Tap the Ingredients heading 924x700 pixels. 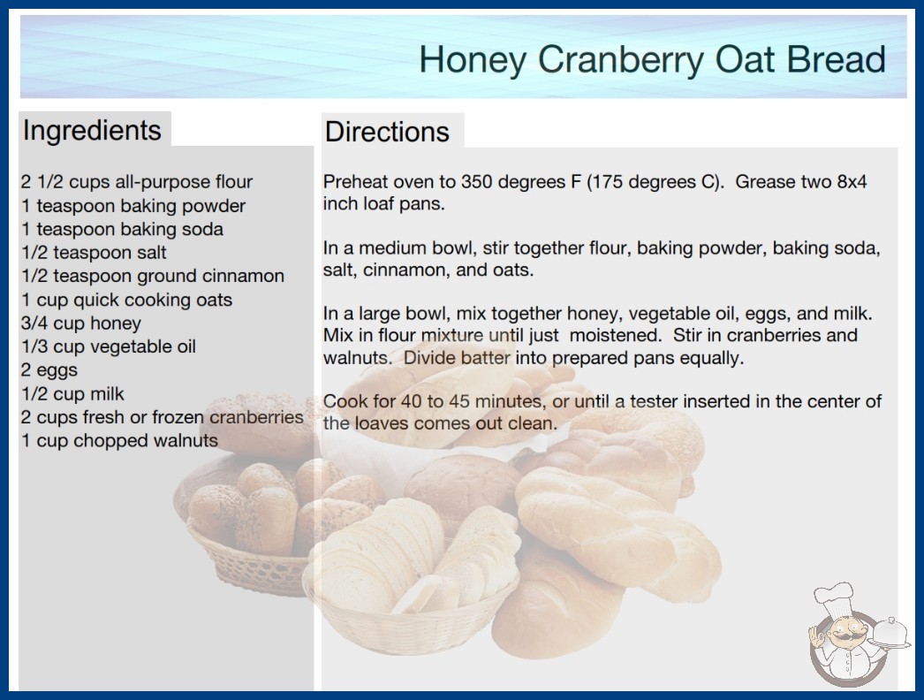pos(92,131)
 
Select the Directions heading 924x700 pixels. pos(387,132)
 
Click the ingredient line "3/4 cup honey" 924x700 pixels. pos(81,323)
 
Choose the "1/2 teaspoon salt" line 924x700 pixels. pos(94,253)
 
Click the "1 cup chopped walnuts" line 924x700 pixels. pos(119,440)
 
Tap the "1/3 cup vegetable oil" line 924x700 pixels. pos(109,346)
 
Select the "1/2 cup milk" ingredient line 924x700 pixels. pos(73,394)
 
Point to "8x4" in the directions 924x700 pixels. pos(852,182)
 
